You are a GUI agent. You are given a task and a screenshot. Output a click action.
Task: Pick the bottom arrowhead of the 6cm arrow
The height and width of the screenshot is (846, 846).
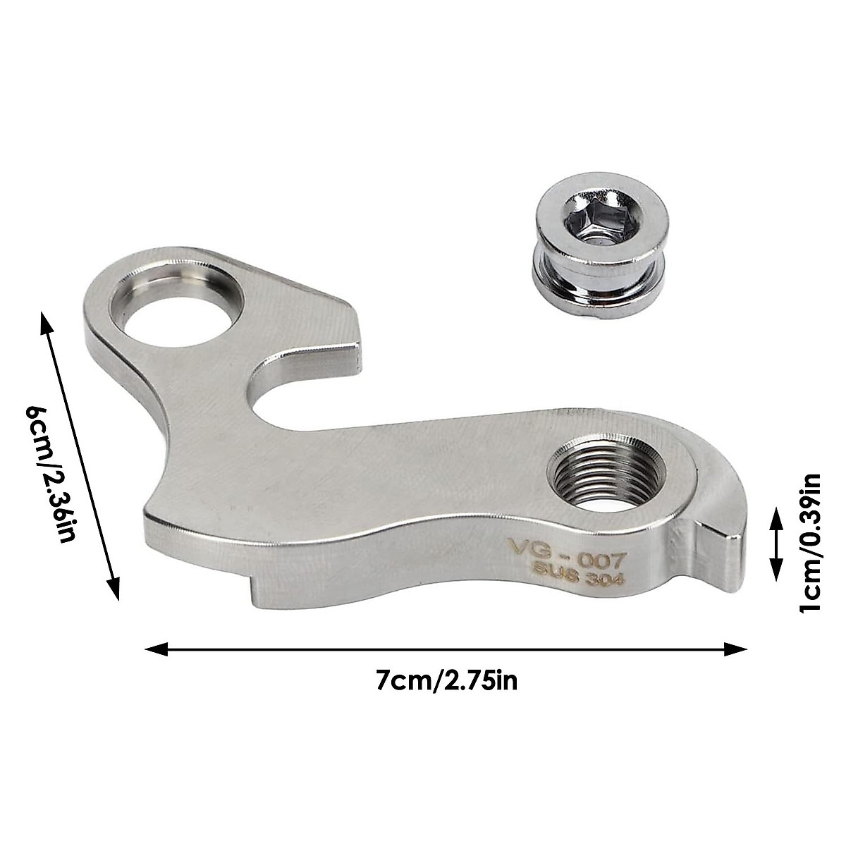[112, 589]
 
